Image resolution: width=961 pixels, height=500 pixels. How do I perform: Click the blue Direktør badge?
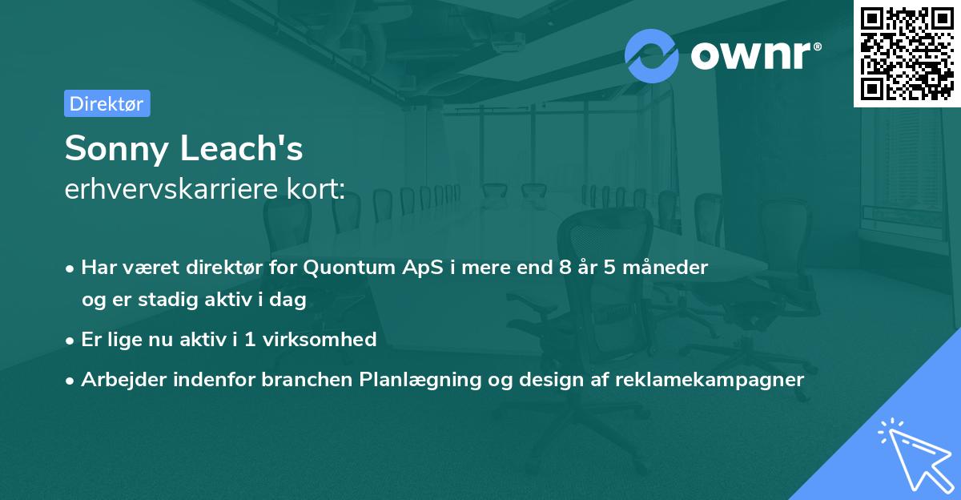pyautogui.click(x=107, y=103)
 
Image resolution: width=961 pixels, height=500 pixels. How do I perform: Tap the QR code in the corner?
pyautogui.click(x=907, y=54)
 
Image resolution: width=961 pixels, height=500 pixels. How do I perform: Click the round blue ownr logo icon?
pyautogui.click(x=651, y=56)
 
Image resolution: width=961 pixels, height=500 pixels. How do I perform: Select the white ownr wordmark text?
pyautogui.click(x=755, y=55)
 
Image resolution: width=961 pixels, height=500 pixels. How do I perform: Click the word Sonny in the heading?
pyautogui.click(x=117, y=149)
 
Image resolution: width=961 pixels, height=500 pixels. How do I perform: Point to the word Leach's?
pyautogui.click(x=242, y=147)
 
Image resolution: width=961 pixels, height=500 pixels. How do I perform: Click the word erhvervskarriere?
pyautogui.click(x=171, y=188)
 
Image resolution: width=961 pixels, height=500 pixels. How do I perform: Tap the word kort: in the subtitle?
pyautogui.click(x=316, y=188)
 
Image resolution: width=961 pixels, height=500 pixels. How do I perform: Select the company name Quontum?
pyautogui.click(x=349, y=268)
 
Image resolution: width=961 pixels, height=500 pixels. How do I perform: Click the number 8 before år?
pyautogui.click(x=565, y=268)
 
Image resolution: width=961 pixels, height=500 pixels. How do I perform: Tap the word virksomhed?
pyautogui.click(x=320, y=340)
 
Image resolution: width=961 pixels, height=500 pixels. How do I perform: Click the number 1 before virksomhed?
pyautogui.click(x=250, y=340)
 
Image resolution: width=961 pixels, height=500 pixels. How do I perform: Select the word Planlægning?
pyautogui.click(x=420, y=380)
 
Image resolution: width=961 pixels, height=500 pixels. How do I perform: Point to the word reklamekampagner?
pyautogui.click(x=710, y=380)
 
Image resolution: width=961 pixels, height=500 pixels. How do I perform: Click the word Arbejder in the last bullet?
pyautogui.click(x=123, y=380)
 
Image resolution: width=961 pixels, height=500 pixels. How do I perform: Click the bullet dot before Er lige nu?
pyautogui.click(x=70, y=341)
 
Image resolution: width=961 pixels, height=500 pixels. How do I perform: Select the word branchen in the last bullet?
pyautogui.click(x=307, y=379)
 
